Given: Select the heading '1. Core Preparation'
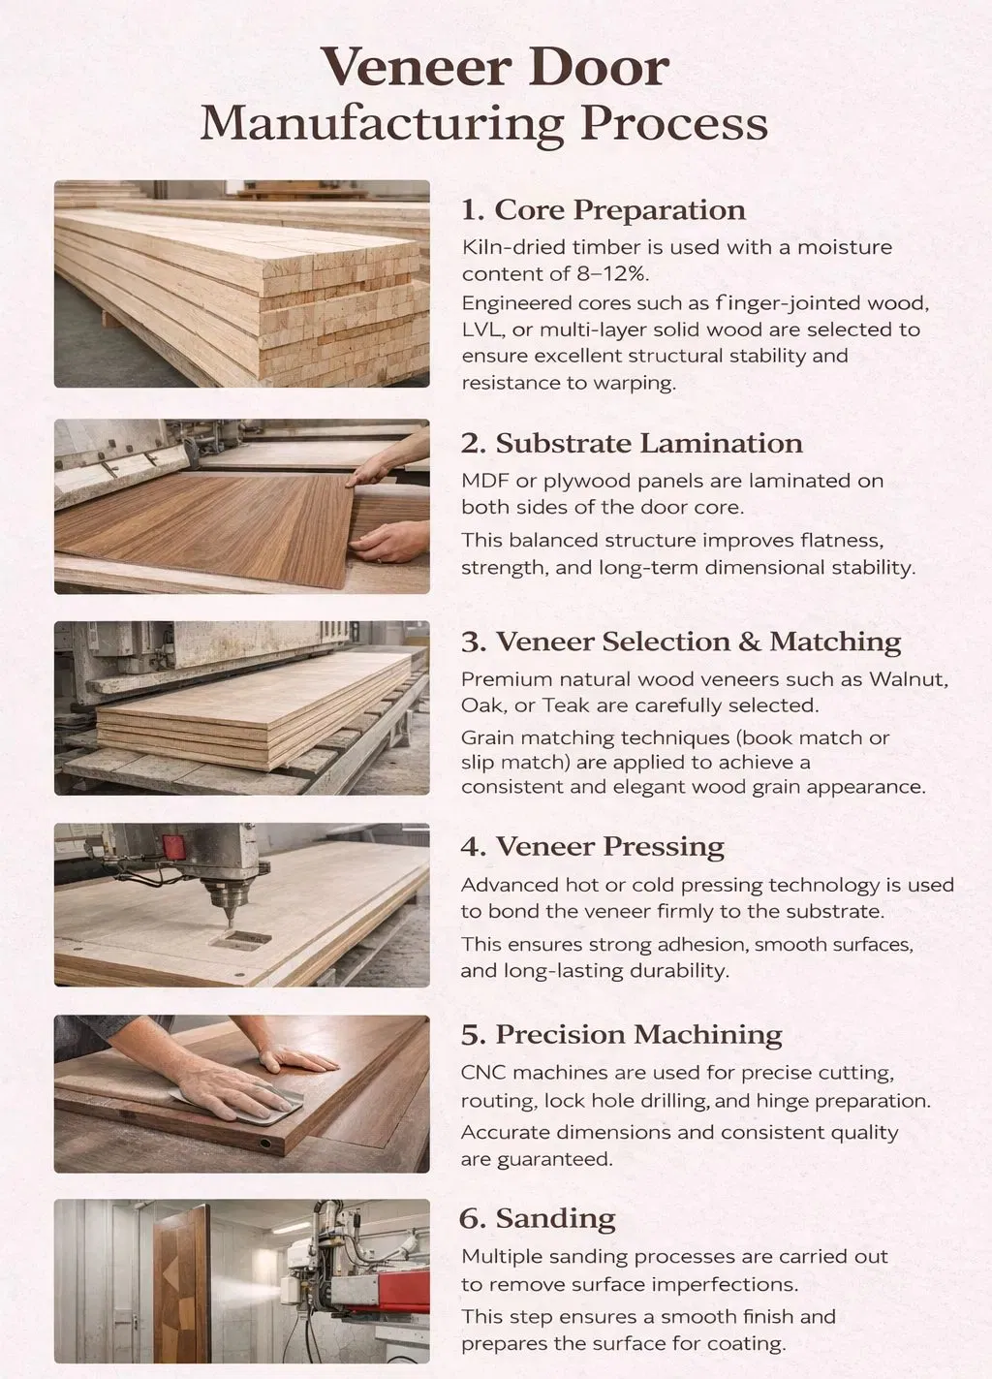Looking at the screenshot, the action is (604, 210).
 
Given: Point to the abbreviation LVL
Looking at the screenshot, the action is (483, 329).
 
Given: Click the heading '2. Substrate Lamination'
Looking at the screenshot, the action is (632, 443).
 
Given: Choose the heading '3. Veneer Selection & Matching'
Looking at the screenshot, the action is (681, 642).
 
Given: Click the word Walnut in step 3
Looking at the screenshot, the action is (909, 679).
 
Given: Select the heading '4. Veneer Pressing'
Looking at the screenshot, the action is (593, 846).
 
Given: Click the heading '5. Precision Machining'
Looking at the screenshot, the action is (622, 1034).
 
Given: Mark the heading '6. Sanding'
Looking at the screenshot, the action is (538, 1218).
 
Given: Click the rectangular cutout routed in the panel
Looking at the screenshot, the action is (240, 939).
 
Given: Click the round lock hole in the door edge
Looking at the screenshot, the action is (265, 1144).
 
